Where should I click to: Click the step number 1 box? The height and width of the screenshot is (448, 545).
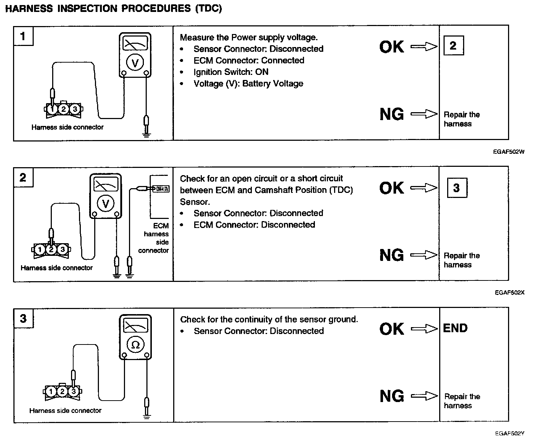click(x=23, y=36)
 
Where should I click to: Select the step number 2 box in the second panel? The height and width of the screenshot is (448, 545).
click(x=23, y=177)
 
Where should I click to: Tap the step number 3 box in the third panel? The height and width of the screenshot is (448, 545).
click(x=23, y=318)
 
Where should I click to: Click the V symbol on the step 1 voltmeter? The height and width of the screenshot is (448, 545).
click(x=135, y=63)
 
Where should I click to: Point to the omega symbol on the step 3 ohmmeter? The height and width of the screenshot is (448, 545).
click(x=135, y=345)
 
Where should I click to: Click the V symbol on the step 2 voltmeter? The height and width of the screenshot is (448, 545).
click(x=105, y=204)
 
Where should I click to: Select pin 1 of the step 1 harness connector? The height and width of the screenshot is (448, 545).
click(x=52, y=109)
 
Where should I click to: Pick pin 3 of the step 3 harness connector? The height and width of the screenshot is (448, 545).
click(x=74, y=391)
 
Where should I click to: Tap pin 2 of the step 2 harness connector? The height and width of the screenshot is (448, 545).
click(x=51, y=249)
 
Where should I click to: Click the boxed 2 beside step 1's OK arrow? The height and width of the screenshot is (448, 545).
click(x=453, y=46)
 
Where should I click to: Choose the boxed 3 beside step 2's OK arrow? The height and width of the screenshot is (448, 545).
click(x=457, y=187)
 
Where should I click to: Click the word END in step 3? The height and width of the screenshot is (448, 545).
click(x=455, y=328)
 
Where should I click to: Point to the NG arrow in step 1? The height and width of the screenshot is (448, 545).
click(x=424, y=114)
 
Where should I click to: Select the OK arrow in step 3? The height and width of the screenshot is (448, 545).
click(x=424, y=329)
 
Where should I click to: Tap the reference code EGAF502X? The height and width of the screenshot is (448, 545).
click(x=509, y=292)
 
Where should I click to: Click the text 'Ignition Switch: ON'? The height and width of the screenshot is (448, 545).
click(x=231, y=72)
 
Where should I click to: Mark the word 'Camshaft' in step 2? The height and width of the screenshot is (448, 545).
click(x=273, y=190)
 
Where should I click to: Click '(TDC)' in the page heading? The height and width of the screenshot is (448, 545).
click(x=208, y=9)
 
